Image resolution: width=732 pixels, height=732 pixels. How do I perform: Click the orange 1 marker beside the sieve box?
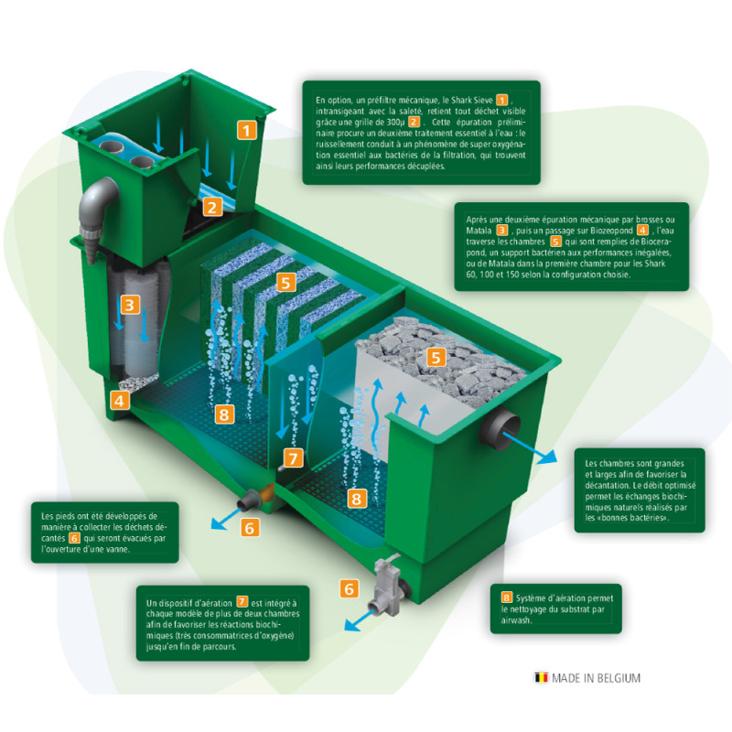[x=246, y=129]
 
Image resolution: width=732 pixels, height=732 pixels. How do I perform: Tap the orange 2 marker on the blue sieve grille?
[x=211, y=206]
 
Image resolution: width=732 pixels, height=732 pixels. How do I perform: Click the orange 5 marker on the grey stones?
[x=437, y=357]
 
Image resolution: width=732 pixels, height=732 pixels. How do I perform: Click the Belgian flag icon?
[x=541, y=678]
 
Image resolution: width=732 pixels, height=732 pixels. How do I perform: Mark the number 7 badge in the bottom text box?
[x=242, y=601]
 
